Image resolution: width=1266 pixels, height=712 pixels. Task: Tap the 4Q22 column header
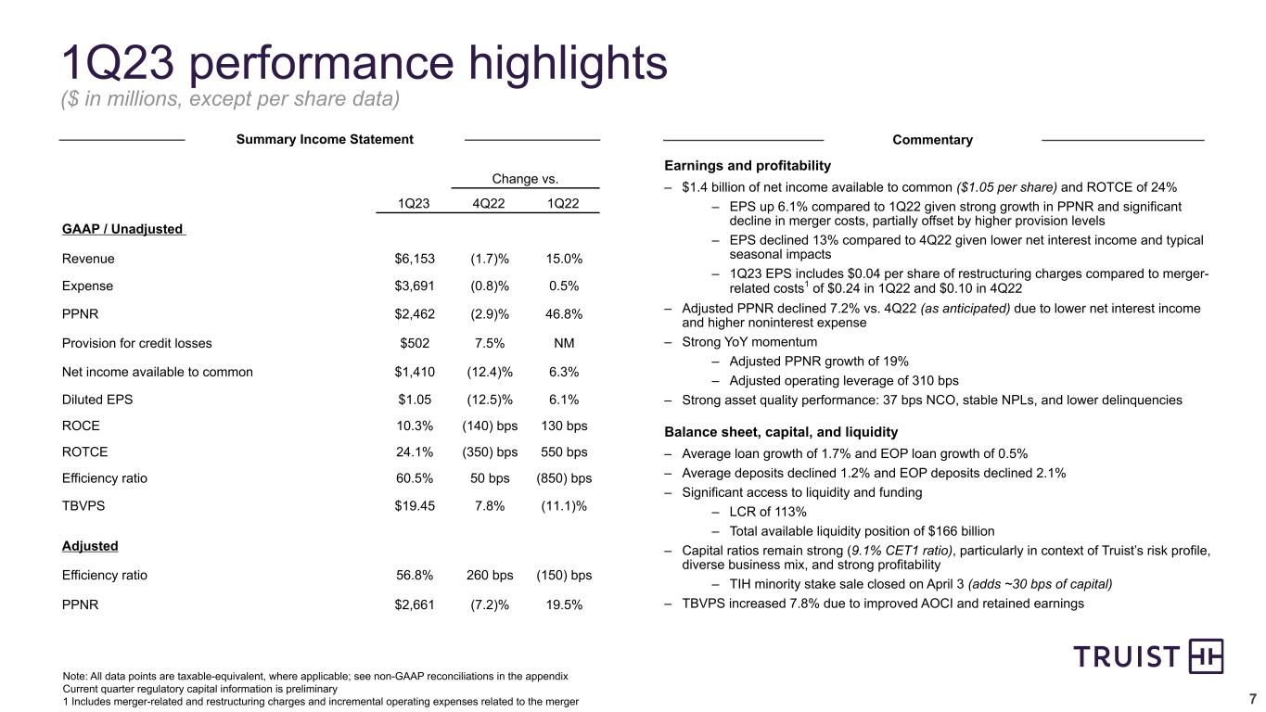click(x=490, y=203)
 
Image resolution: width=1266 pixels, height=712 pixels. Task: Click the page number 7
click(x=1253, y=698)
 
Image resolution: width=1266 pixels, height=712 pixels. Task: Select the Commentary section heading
click(x=932, y=140)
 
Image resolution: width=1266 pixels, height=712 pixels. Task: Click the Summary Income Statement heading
click(x=325, y=139)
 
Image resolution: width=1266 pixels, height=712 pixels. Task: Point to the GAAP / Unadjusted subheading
click(x=122, y=229)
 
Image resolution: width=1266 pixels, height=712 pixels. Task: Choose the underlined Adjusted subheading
click(x=90, y=546)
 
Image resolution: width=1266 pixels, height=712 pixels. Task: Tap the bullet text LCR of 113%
click(x=767, y=512)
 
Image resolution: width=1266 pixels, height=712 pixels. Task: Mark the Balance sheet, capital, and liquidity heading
click(x=781, y=432)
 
